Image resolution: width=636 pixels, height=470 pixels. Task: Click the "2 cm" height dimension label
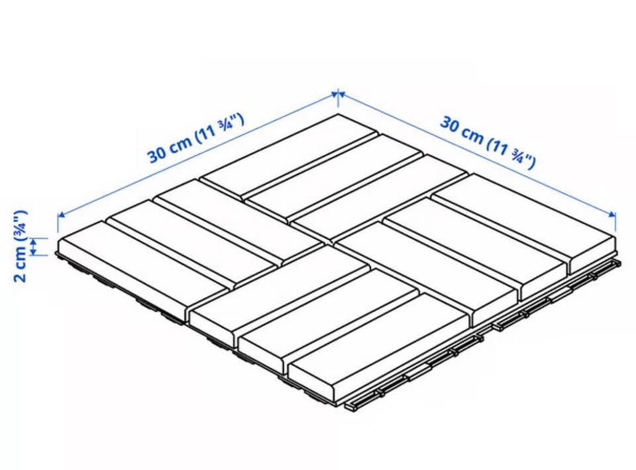pos(20,265)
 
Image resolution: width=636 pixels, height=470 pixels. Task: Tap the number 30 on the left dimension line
pos(156,153)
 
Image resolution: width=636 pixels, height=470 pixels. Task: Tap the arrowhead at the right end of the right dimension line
pos(611,214)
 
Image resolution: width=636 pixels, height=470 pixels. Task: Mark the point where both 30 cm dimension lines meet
pos(339,94)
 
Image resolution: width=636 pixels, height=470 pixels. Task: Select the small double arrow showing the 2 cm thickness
pos(35,247)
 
